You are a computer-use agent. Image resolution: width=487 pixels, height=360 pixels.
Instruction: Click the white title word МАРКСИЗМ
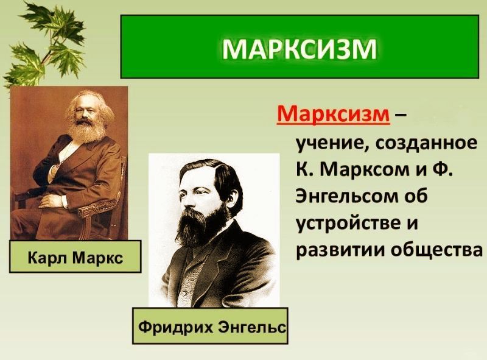point(300,49)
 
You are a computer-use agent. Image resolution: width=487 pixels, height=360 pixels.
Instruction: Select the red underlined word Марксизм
point(333,114)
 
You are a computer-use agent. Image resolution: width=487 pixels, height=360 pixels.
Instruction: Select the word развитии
point(339,250)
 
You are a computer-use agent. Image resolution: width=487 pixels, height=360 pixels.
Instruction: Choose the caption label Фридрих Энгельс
point(211,326)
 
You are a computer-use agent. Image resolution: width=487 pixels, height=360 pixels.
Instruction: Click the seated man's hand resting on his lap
point(51,201)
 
